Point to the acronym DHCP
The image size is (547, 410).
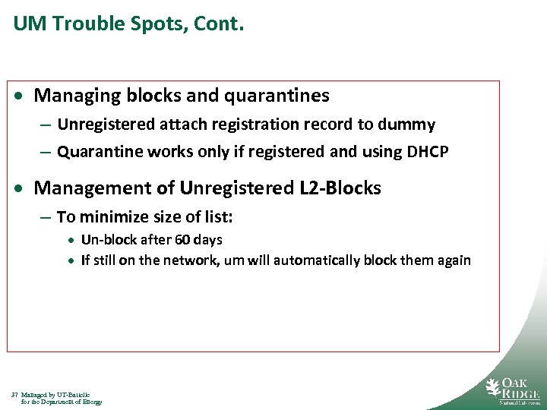[427, 152]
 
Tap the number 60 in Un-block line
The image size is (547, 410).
[183, 240]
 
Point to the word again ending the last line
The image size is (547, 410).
[453, 260]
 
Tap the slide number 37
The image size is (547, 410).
[14, 395]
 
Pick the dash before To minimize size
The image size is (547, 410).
[46, 218]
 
